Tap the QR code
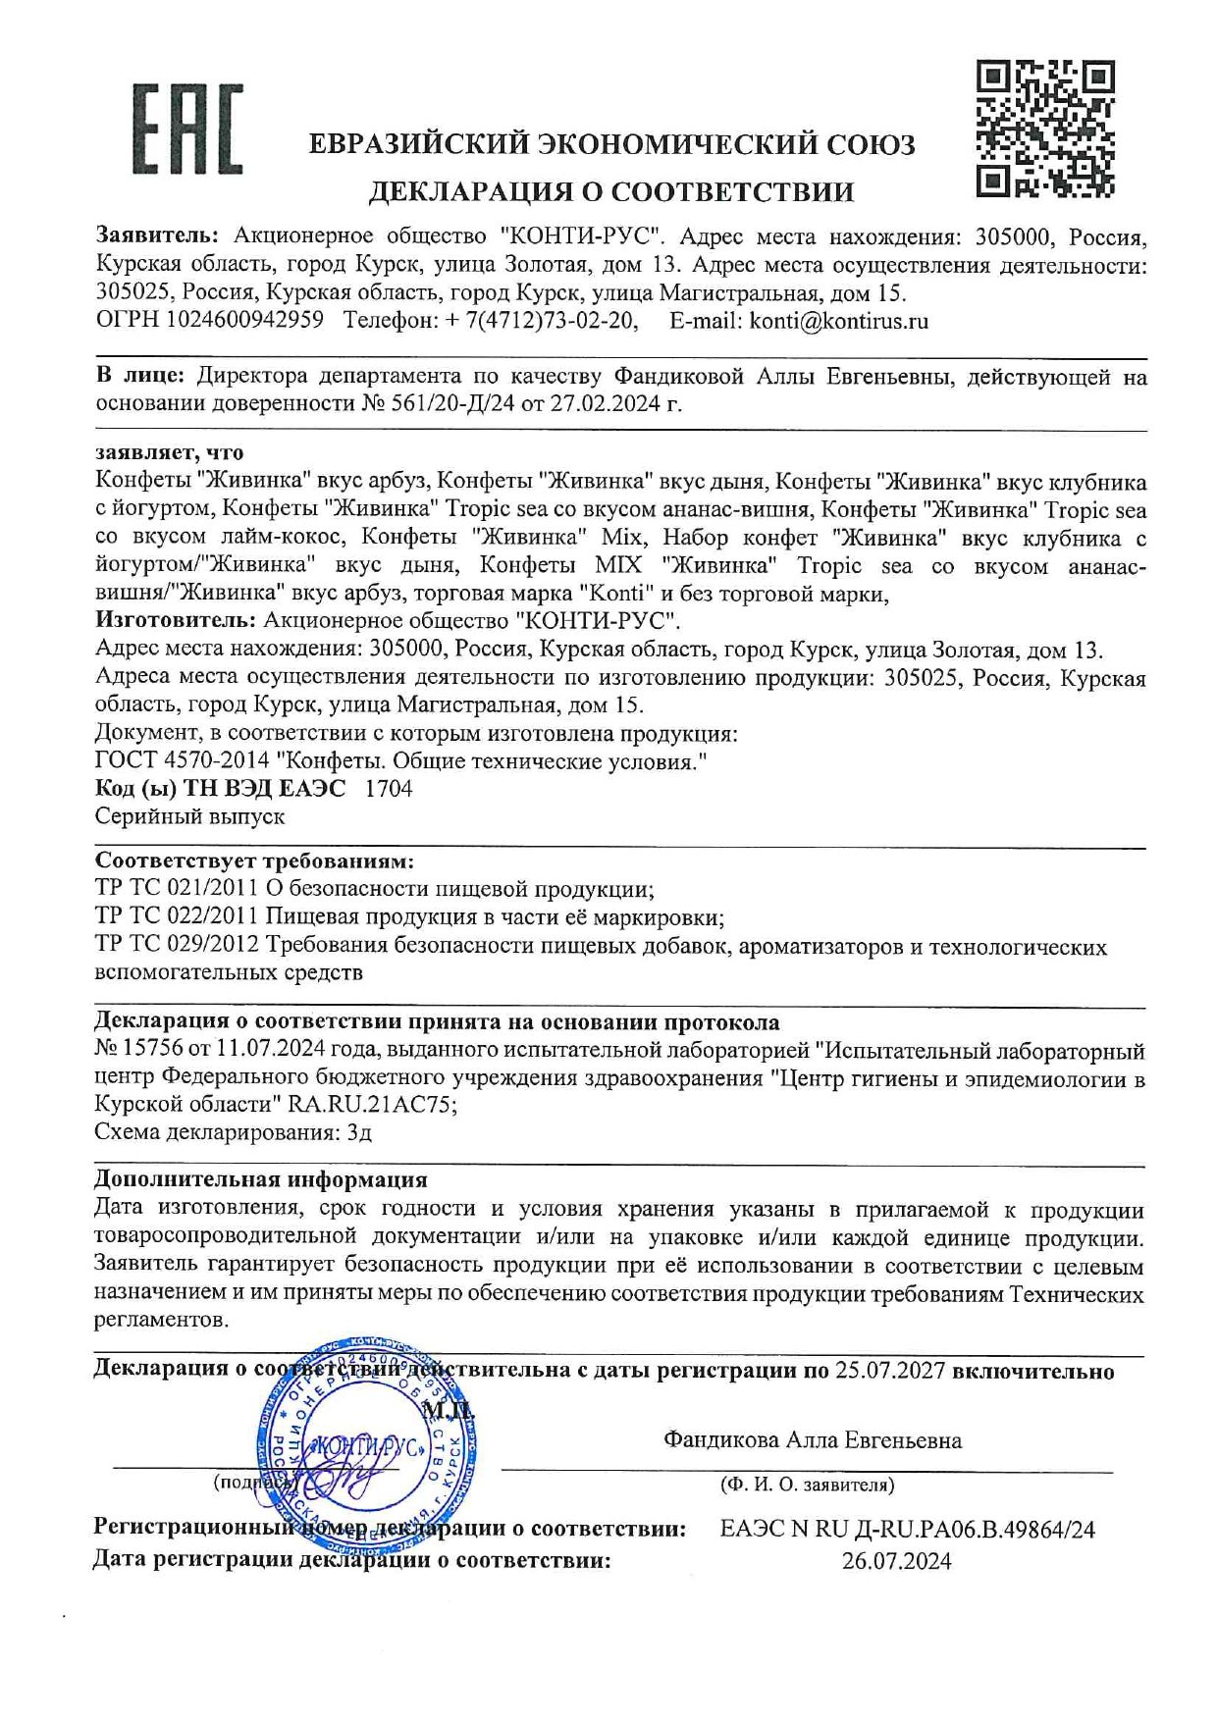click(x=1046, y=129)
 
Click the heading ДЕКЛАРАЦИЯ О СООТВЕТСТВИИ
click(x=610, y=191)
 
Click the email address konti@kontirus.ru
click(x=838, y=321)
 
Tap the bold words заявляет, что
click(x=170, y=452)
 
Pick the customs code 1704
click(x=389, y=789)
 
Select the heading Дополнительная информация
click(x=261, y=1179)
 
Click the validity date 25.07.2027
click(x=889, y=1371)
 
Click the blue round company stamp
click(x=367, y=1444)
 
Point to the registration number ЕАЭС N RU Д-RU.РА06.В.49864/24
click(x=907, y=1529)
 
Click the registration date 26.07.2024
click(x=896, y=1561)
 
